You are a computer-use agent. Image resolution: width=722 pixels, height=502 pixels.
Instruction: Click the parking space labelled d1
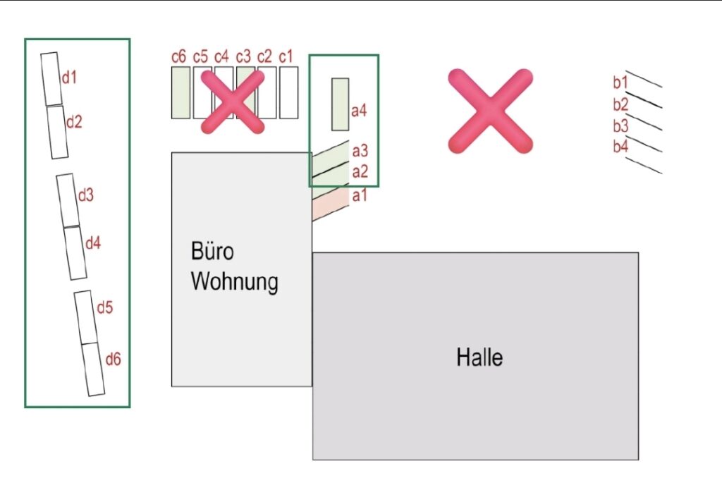(51, 79)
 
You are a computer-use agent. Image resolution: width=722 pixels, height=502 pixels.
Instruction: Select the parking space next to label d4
(75, 252)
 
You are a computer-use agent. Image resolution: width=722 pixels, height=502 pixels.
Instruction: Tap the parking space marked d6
(93, 369)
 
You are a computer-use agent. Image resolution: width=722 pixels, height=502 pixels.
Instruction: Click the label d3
(85, 195)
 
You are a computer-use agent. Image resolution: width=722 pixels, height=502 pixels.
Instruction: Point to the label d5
(105, 307)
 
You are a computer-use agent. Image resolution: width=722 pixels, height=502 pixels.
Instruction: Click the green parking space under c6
(180, 92)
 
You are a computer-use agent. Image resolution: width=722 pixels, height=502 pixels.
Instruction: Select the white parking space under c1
(288, 92)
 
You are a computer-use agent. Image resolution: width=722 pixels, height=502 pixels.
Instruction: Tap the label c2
(264, 56)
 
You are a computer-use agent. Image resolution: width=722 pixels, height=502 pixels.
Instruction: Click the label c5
(200, 56)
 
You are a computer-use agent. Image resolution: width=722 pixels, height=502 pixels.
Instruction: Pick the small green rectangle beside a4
(341, 104)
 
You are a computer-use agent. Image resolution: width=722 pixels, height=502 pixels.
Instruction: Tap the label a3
(360, 151)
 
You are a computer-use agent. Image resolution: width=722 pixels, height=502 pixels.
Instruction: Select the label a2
(360, 171)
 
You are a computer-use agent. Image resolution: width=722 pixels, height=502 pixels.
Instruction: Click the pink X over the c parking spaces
(233, 102)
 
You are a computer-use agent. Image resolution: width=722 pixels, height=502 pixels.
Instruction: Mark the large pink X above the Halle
(490, 111)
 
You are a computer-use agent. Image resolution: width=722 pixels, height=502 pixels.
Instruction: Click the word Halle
(479, 357)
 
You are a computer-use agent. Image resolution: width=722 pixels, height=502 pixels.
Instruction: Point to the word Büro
(212, 252)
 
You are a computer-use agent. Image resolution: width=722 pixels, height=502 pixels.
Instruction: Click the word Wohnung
(235, 281)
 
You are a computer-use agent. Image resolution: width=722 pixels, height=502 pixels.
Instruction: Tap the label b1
(620, 82)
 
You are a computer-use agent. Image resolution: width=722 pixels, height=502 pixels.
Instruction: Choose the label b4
(620, 147)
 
